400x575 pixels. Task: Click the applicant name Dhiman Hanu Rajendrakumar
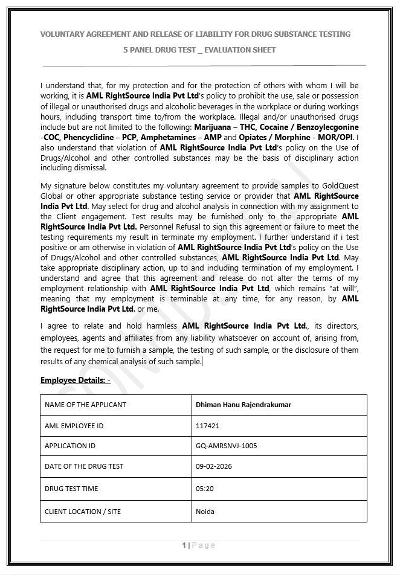pos(244,405)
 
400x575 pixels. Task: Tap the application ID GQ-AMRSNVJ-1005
pos(226,446)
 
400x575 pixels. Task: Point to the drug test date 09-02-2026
pos(214,466)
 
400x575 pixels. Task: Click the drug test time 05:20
pos(204,488)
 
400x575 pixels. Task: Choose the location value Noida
pos(205,511)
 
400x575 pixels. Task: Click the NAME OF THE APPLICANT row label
pos(85,405)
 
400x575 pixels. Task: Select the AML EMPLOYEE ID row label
pos(74,425)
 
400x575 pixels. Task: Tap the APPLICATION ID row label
pos(70,446)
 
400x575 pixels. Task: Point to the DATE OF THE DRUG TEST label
pos(84,466)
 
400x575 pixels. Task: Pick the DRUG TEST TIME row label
pos(71,488)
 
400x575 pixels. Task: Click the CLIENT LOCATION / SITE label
pos(83,511)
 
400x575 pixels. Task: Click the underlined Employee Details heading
pos(75,380)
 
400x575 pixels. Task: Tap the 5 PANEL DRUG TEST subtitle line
pos(199,50)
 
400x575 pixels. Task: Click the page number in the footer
pos(184,545)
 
